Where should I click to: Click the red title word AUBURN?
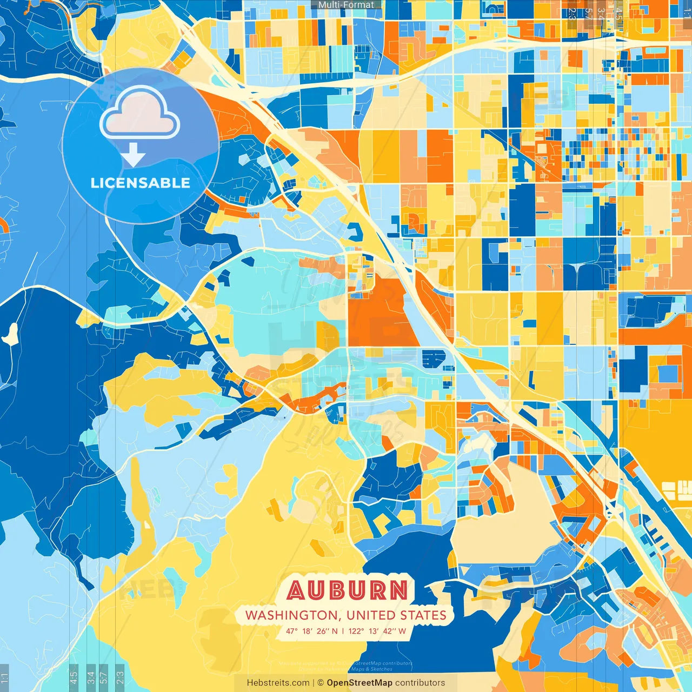click(347, 590)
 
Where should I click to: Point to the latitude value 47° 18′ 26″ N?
click(312, 631)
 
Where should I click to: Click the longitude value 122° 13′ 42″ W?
click(377, 631)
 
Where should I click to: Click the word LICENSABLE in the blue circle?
click(141, 183)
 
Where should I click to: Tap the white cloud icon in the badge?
click(140, 114)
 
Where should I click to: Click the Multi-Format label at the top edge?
click(346, 5)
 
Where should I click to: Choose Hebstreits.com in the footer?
click(278, 683)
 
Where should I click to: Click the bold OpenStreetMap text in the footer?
click(359, 683)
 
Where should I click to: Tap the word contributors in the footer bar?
click(420, 683)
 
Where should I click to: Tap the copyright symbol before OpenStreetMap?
click(320, 683)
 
